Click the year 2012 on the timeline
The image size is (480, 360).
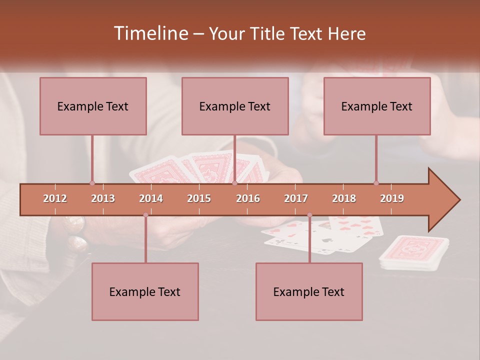click(55, 198)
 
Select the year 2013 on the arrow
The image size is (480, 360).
click(103, 198)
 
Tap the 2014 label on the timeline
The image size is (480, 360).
click(151, 198)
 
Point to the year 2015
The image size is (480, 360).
click(199, 198)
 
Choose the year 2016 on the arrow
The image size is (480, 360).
click(248, 198)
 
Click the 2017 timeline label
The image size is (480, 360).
click(296, 198)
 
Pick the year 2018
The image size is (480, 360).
click(344, 198)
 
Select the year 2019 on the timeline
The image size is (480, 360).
click(392, 198)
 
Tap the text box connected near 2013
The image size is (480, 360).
click(93, 106)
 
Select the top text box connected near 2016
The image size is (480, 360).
click(235, 106)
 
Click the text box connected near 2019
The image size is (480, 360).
click(377, 106)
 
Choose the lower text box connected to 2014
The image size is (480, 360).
click(145, 291)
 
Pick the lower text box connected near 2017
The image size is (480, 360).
click(309, 291)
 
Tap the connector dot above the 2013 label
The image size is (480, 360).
click(92, 183)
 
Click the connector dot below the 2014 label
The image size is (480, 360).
click(145, 215)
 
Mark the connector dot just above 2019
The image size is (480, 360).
click(376, 183)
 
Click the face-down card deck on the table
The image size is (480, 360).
click(414, 252)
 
